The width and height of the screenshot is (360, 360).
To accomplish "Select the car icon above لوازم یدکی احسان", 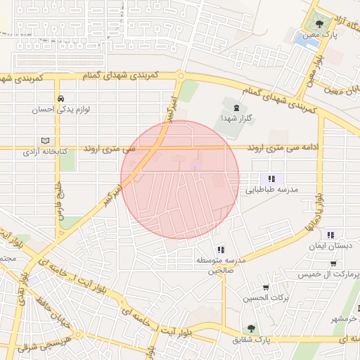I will click(61, 98).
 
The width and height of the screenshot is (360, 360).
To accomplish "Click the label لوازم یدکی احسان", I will click(56, 110).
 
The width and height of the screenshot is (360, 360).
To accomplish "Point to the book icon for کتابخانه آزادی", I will click(46, 141).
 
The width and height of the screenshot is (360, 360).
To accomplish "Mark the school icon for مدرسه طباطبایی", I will click(271, 179).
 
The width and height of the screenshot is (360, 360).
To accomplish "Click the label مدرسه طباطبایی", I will click(271, 190).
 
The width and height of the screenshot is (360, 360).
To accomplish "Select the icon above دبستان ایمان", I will click(330, 235).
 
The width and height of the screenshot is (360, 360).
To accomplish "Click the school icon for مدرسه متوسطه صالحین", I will click(221, 250).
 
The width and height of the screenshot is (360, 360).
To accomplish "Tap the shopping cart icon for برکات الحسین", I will click(266, 287).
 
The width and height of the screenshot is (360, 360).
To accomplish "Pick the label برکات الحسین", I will click(266, 298).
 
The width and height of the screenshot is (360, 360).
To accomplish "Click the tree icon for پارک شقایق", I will click(251, 328).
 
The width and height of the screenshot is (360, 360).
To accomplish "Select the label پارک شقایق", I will click(250, 340).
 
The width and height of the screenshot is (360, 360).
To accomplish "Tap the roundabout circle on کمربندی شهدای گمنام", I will click(181, 76).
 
